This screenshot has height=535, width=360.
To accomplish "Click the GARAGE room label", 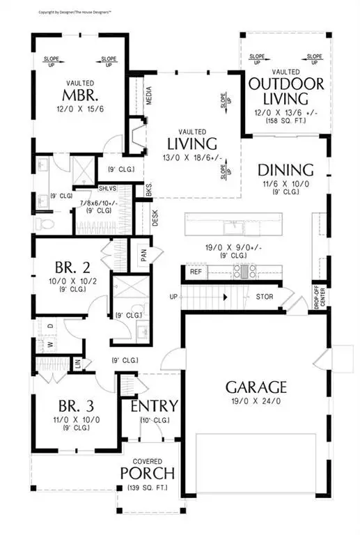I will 256,387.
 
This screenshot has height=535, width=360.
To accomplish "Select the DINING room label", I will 285,169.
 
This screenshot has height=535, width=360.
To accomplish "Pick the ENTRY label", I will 154,406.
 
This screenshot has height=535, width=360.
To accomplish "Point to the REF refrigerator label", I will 196,271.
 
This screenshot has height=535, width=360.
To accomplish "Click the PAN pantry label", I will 143,256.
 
